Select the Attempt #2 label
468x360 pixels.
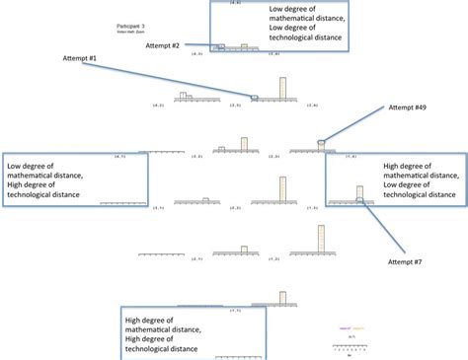[162, 44]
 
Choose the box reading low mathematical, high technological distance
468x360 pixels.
[75, 180]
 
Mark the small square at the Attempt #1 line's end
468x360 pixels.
[254, 97]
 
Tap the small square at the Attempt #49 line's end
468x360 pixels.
[320, 144]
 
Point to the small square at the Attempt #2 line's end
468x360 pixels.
[221, 46]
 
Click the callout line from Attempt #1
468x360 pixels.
[168, 79]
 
